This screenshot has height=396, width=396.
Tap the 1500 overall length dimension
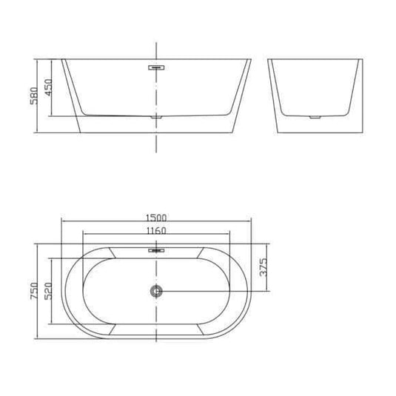coord(156,218)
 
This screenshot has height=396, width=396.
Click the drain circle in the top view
coord(156,292)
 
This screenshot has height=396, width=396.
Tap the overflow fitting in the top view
coord(156,250)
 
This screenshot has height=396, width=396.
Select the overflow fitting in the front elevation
coord(156,66)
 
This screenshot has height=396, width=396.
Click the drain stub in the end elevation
coord(315,118)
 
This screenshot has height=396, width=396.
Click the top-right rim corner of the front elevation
coord(251,60)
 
